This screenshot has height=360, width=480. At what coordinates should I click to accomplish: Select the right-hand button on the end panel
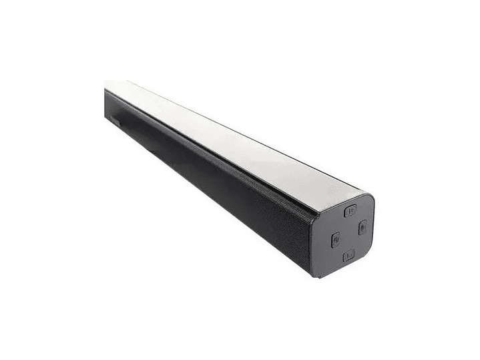tap(362, 226)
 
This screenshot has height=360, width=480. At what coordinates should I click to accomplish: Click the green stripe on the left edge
tap(30, 180)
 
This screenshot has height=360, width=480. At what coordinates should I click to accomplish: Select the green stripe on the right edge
tap(449, 180)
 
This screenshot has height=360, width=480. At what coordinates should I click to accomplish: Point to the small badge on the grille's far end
tap(114, 122)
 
